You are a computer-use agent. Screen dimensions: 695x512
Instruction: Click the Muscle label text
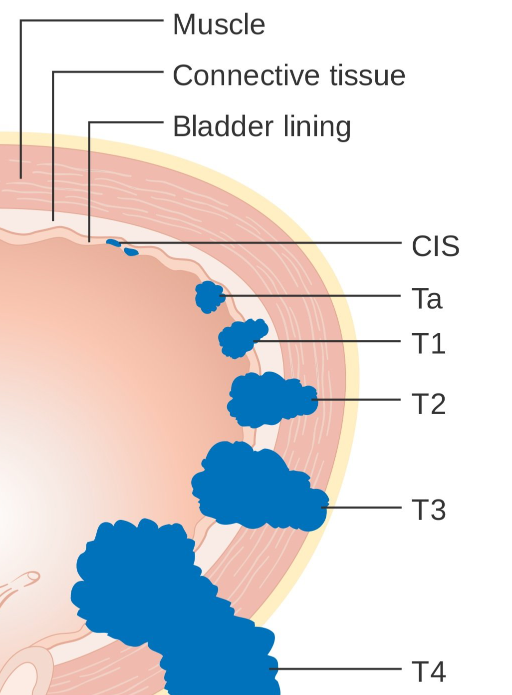pyautogui.click(x=219, y=25)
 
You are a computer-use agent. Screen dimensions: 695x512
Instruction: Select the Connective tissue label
pyautogui.click(x=288, y=75)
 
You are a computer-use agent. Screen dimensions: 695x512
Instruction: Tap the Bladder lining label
pyautogui.click(x=261, y=126)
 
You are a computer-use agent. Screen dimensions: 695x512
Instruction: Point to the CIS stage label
pyautogui.click(x=435, y=246)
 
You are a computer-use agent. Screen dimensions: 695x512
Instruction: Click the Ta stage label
pyautogui.click(x=427, y=299)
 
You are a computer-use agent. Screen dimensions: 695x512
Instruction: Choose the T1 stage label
pyautogui.click(x=428, y=344)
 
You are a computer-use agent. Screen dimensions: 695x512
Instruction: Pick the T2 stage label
pyautogui.click(x=428, y=404)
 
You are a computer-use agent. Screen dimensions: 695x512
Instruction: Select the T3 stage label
pyautogui.click(x=428, y=510)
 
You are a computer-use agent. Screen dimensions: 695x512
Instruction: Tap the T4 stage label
pyautogui.click(x=428, y=671)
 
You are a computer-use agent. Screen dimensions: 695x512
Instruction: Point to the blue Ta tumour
pyautogui.click(x=209, y=297)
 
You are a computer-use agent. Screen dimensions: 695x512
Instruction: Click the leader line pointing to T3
pyautogui.click(x=364, y=508)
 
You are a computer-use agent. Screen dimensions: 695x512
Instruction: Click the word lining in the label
pyautogui.click(x=317, y=126)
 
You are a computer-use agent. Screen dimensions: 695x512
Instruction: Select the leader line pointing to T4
pyautogui.click(x=339, y=669)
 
